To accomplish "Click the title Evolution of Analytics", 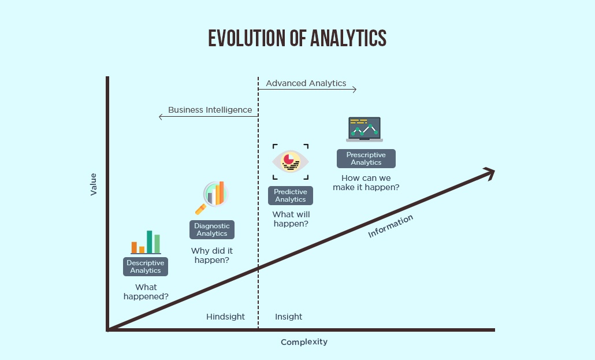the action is [297, 38].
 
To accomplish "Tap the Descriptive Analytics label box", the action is [146, 266].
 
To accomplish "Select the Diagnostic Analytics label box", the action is [212, 230].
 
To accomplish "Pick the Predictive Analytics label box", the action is [291, 195].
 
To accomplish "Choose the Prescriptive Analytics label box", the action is [366, 159].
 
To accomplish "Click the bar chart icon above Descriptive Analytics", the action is [146, 242].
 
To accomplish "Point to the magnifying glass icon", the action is [212, 198].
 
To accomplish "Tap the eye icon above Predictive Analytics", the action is [291, 162].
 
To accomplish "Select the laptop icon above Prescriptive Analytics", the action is [365, 129].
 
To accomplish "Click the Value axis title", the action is [94, 184].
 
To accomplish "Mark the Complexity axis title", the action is [304, 342].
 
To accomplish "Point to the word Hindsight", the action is [225, 317].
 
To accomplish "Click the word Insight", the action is [288, 317].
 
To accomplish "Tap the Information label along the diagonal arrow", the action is [391, 227].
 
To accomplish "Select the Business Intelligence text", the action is [210, 110].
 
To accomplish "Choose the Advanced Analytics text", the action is [306, 83].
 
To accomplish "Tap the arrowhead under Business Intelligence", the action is [161, 117].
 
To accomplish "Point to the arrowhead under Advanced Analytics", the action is [355, 89].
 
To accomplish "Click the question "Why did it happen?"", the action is [212, 255].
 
